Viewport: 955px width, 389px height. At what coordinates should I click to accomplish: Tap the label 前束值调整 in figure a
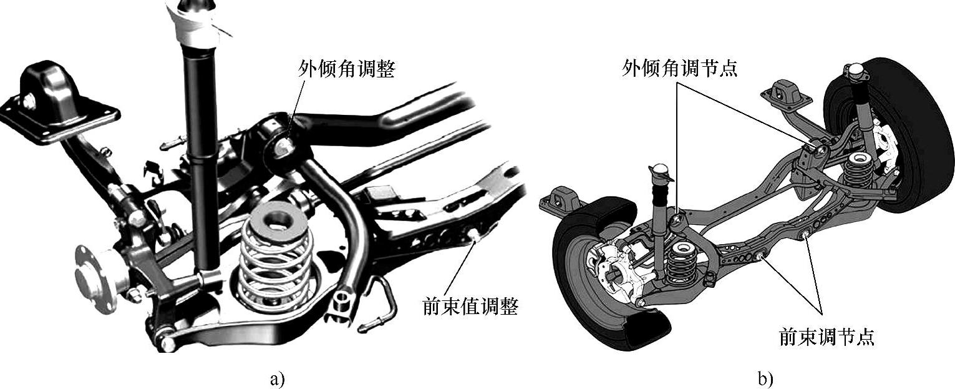tap(470, 307)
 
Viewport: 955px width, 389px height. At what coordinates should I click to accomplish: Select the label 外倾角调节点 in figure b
tap(679, 67)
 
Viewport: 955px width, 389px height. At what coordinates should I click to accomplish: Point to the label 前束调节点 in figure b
tap(827, 337)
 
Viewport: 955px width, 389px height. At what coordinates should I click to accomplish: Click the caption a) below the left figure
tap(277, 378)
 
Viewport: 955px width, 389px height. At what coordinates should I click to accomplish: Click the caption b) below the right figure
tap(765, 378)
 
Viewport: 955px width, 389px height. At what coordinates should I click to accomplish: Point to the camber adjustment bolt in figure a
tap(284, 145)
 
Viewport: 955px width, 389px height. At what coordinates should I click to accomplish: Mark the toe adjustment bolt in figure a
tap(475, 235)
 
